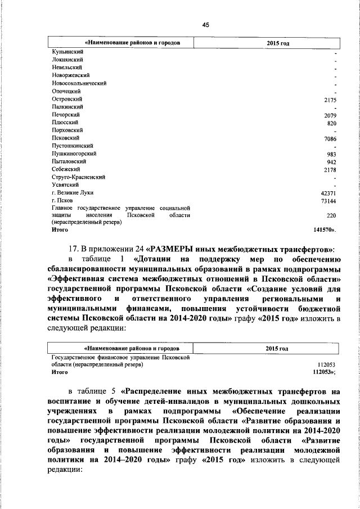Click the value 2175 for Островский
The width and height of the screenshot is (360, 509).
pyautogui.click(x=330, y=100)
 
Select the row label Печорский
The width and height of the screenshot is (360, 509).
pyautogui.click(x=65, y=114)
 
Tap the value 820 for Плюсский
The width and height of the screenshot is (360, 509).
pyautogui.click(x=332, y=123)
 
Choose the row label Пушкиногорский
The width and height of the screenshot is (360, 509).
pyautogui.click(x=73, y=153)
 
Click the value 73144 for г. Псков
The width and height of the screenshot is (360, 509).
pyautogui.click(x=328, y=201)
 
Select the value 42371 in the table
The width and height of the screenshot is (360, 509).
pyautogui.click(x=328, y=193)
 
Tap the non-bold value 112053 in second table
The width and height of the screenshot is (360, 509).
pyautogui.click(x=327, y=364)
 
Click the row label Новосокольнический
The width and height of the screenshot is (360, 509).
pyautogui.click(x=79, y=82)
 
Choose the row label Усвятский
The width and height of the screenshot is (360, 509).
pyautogui.click(x=65, y=184)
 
